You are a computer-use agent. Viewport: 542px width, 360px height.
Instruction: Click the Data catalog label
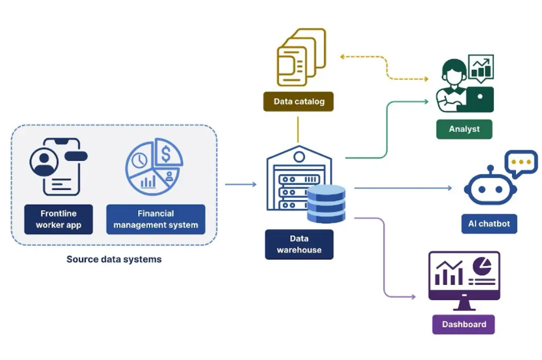coord(299,102)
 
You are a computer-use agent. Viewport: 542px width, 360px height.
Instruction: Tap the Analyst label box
coord(464,129)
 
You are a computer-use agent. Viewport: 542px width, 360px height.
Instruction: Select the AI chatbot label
coord(489,224)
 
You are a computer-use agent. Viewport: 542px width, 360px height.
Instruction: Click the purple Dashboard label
coord(464,325)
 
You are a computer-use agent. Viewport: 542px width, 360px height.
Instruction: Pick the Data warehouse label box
coord(299,244)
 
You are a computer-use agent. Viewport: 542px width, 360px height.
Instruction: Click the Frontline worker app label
coord(58,219)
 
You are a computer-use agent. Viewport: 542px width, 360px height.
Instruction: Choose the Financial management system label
coord(156,219)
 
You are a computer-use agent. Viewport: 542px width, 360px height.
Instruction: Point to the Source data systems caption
coord(114,259)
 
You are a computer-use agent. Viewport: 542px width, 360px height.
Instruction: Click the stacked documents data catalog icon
coord(301,59)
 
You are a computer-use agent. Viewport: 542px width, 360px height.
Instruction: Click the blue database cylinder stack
coord(326,203)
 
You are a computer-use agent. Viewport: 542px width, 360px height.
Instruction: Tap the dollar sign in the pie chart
coord(166,155)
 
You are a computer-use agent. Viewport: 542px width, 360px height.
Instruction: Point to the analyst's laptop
coord(478,100)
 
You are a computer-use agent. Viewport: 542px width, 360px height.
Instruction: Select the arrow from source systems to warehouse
coord(241,184)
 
